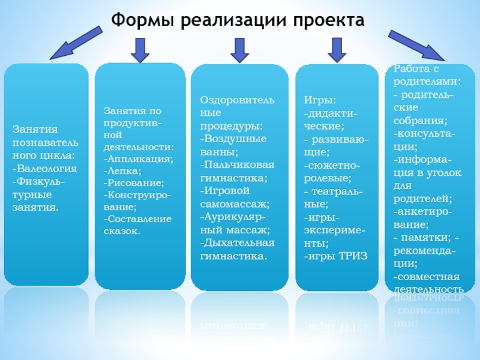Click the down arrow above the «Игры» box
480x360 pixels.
pyautogui.click(x=336, y=49)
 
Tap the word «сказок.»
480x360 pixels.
pyautogui.click(x=122, y=230)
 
